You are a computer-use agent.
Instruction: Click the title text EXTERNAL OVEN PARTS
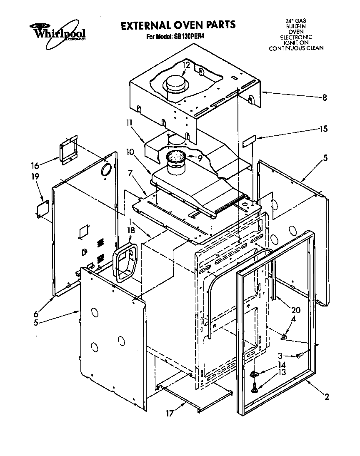[178, 25]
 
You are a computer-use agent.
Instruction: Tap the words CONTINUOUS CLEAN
[296, 48]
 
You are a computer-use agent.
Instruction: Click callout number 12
[186, 65]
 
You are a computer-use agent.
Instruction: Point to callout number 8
[324, 98]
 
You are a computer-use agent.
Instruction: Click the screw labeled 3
[299, 355]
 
